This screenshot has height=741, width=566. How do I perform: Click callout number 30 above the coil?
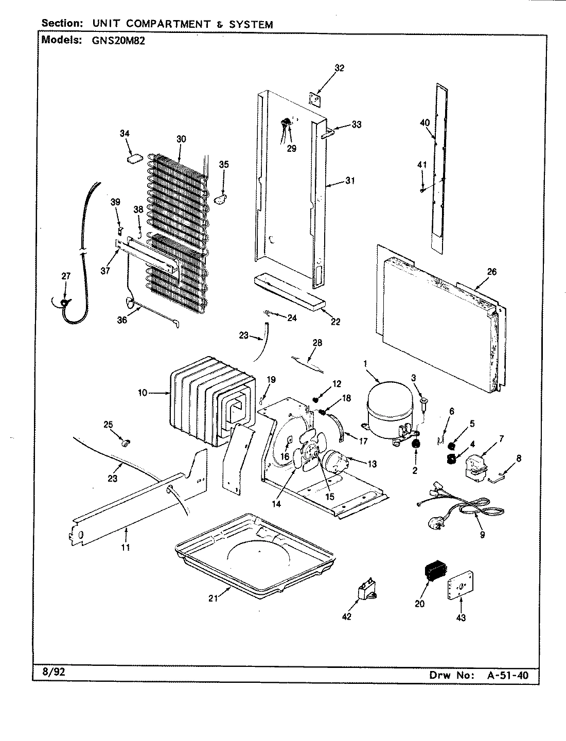pos(181,139)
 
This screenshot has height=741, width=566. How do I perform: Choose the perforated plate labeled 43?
pos(458,587)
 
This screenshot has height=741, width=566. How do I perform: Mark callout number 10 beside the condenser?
pos(143,393)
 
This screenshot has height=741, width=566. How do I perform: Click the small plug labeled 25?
pos(125,441)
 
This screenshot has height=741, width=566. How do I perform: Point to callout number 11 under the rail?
pos(126,548)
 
